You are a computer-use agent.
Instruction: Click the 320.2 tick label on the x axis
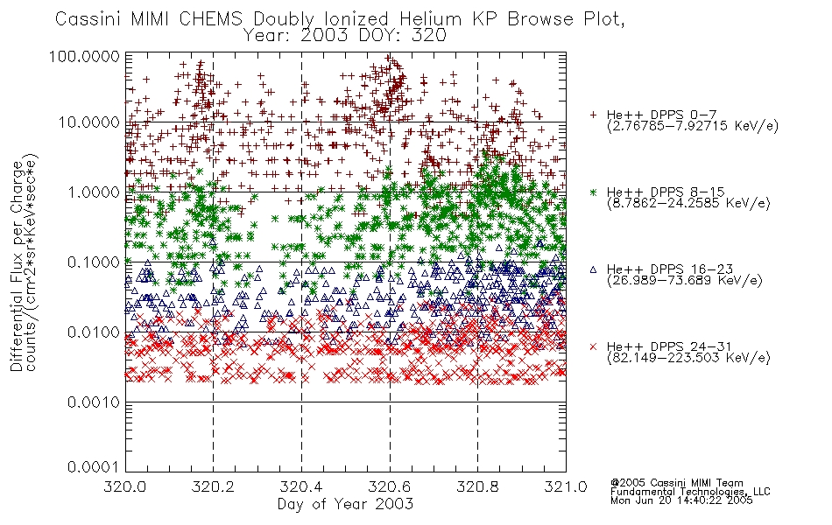coord(214,486)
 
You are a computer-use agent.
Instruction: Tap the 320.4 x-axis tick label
coord(301,486)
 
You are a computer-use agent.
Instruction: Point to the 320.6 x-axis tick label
coord(390,486)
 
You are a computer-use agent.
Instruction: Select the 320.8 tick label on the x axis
coord(477,486)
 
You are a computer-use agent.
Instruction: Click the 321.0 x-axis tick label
coord(566,486)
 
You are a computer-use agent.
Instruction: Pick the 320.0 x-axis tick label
coord(125,486)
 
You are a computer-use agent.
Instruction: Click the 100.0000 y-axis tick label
coord(84,56)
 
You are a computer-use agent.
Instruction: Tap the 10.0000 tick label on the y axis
coord(89,122)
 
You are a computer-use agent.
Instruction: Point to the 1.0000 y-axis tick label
coord(94,192)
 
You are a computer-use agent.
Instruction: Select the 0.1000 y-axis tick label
coord(94,262)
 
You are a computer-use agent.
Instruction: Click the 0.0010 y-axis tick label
coord(94,402)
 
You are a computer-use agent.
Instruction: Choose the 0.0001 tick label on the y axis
coord(94,467)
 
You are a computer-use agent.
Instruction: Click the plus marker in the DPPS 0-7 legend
coord(593,115)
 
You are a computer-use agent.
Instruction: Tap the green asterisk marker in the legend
coord(593,192)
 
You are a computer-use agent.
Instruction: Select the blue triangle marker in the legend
coord(593,269)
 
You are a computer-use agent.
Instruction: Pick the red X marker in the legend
coord(593,346)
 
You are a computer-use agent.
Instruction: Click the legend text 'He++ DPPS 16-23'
coord(670,269)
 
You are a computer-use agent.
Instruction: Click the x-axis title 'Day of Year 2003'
coord(345,504)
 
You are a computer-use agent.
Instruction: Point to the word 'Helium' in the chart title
coord(431,19)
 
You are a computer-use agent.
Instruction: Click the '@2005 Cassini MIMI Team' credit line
coord(676,483)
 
